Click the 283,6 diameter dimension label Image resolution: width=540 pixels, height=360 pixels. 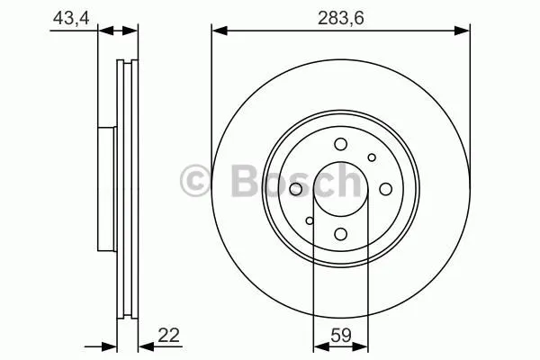pyautogui.click(x=340, y=18)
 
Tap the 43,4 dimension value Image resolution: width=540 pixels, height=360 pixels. pyautogui.click(x=71, y=18)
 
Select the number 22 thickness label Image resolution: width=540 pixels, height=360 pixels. pyautogui.click(x=169, y=335)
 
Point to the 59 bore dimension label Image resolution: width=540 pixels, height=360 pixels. pyautogui.click(x=340, y=335)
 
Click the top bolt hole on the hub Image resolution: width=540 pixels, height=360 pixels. pyautogui.click(x=340, y=144)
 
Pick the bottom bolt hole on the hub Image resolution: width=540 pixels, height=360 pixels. pyautogui.click(x=340, y=234)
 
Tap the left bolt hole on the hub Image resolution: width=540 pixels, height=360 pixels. pyautogui.click(x=295, y=189)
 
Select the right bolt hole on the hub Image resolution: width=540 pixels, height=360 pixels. pyautogui.click(x=386, y=189)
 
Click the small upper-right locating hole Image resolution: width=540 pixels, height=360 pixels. pyautogui.click(x=372, y=157)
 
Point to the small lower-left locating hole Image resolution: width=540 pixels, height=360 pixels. pyautogui.click(x=310, y=220)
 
